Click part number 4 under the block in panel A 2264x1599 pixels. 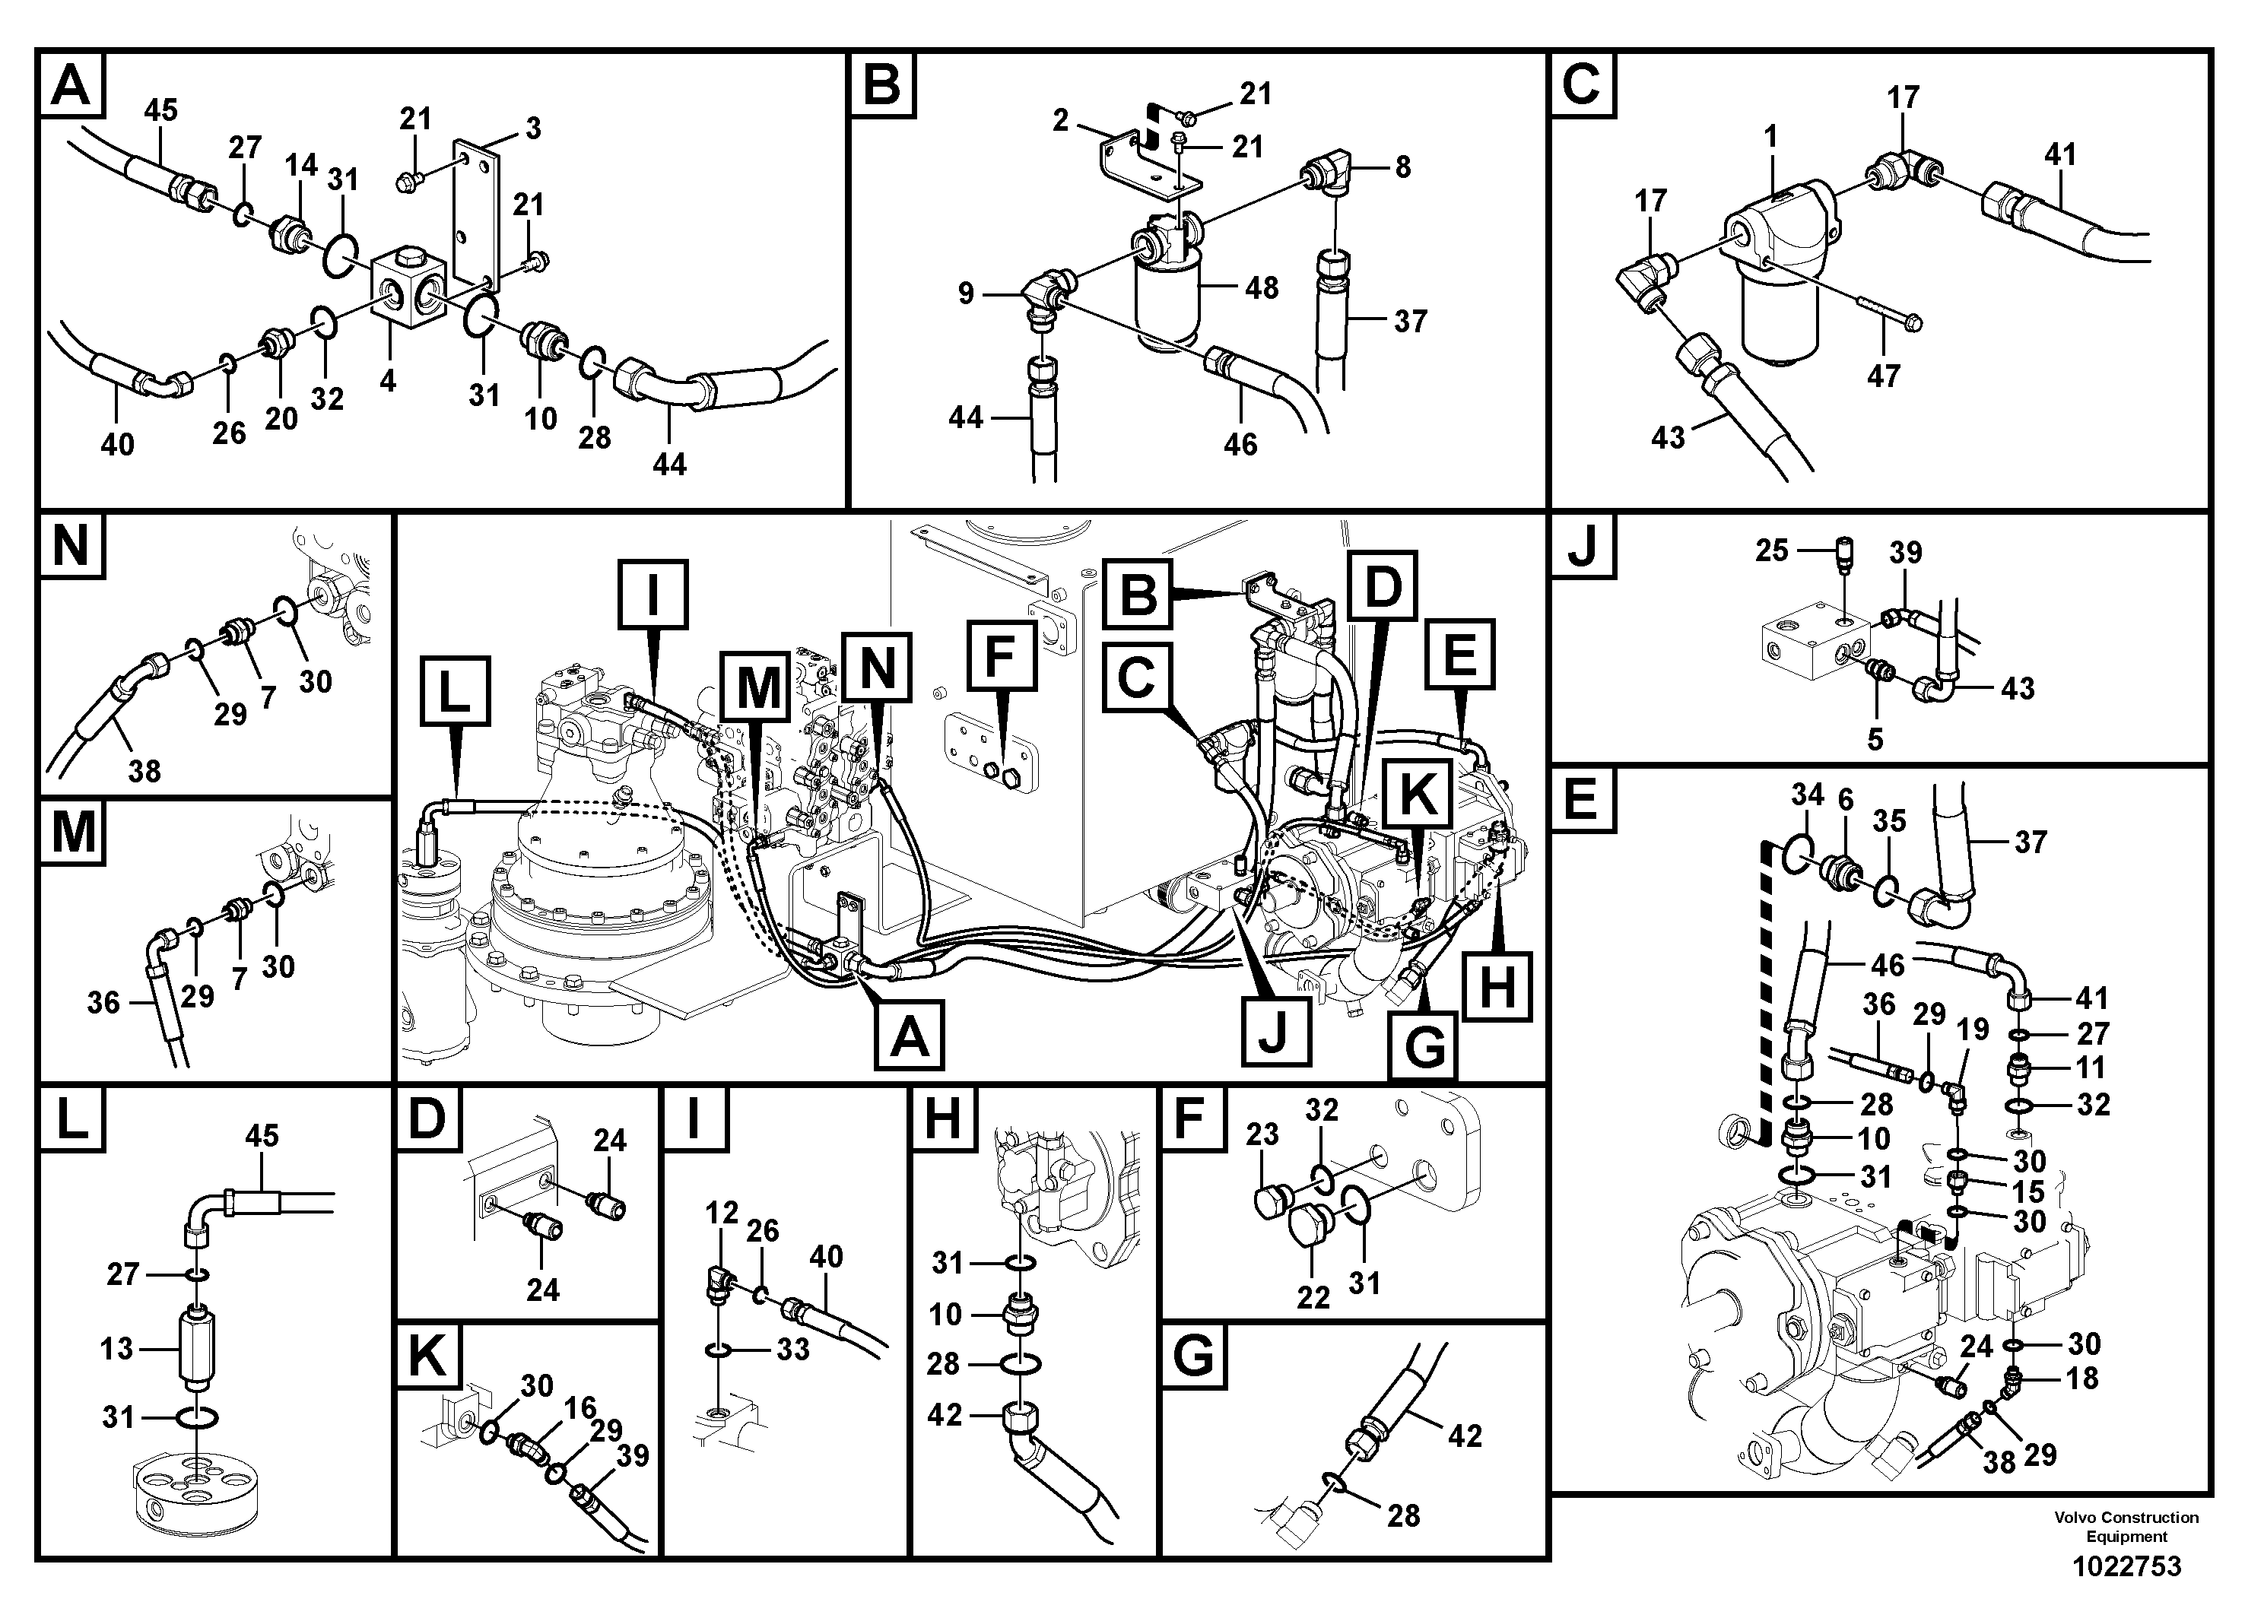pos(388,380)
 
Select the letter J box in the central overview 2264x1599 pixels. pos(1275,1031)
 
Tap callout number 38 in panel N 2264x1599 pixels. pos(144,770)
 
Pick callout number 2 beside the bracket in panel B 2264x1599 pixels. pos(1060,120)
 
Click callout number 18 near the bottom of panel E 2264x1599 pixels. pos(2081,1379)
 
